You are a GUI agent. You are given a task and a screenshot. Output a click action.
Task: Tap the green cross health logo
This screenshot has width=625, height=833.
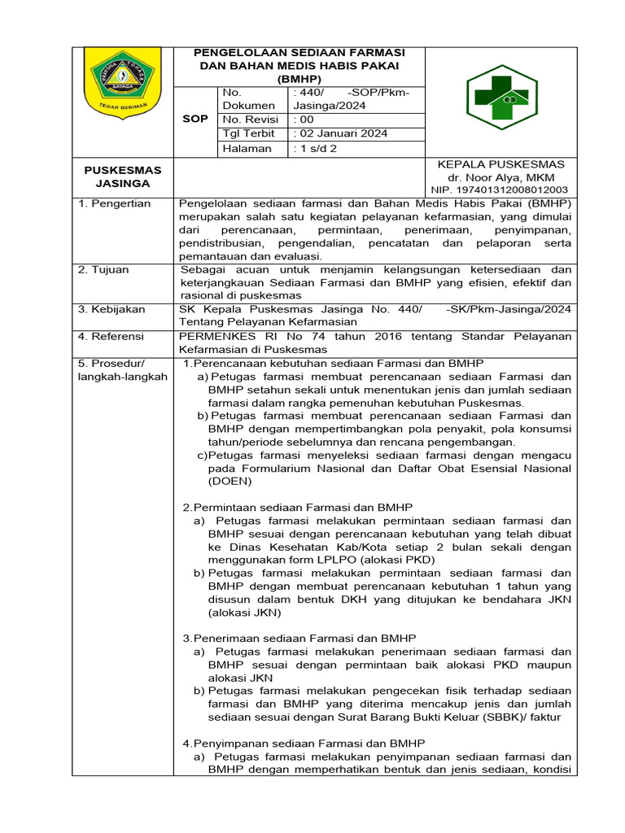pyautogui.click(x=501, y=97)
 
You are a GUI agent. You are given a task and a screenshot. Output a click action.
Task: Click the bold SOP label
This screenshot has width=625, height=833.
pyautogui.click(x=194, y=119)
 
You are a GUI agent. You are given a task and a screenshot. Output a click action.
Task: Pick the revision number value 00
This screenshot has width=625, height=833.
pyautogui.click(x=302, y=118)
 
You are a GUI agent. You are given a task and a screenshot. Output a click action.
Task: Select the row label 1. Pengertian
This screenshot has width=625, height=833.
pyautogui.click(x=114, y=203)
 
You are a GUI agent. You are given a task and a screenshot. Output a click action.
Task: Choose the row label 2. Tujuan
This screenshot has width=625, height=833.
pyautogui.click(x=103, y=269)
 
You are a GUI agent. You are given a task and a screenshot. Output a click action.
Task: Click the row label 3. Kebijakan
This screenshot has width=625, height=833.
pyautogui.click(x=111, y=309)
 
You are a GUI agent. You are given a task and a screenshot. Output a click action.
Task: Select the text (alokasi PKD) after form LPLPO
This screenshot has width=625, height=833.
pyautogui.click(x=396, y=560)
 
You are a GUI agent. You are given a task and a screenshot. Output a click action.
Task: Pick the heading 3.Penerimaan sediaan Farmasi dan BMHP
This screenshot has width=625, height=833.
pyautogui.click(x=299, y=639)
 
